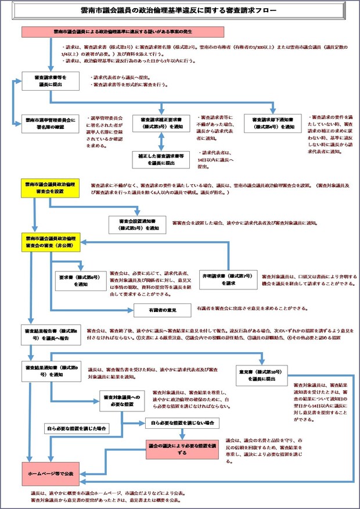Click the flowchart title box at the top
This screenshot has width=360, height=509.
tap(179, 11)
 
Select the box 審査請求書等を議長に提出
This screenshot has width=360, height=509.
tap(51, 81)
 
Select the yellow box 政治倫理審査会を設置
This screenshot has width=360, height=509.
tap(51, 188)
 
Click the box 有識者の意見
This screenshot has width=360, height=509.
tap(163, 309)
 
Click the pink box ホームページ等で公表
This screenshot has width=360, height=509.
tap(51, 474)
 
